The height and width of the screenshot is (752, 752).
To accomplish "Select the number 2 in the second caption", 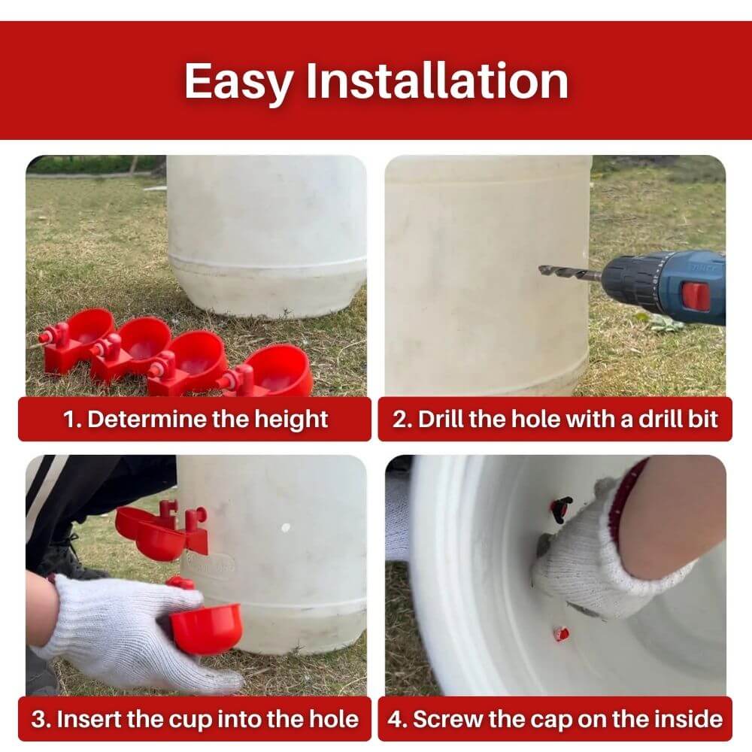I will pos(402,419).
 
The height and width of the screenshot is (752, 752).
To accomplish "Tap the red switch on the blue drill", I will pos(696,296).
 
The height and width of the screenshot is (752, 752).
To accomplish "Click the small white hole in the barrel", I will pos(285,528).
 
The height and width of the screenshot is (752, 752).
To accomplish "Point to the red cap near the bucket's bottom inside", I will pos(561,633).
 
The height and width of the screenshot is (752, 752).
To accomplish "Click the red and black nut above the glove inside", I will pos(559,509).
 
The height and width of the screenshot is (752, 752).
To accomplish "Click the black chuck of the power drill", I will pos(630,280).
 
